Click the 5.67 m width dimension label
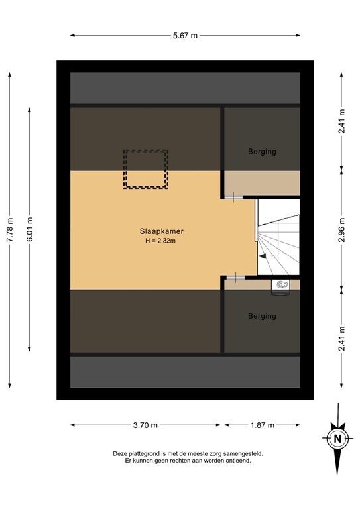185,36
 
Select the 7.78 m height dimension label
10,229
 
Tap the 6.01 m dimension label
30,229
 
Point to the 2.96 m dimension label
341,229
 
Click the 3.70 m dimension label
145,425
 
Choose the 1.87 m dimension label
262,425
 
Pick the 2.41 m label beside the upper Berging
341,121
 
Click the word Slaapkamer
161,231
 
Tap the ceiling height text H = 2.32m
161,241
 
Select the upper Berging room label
262,151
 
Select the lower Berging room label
262,316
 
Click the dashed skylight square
145,170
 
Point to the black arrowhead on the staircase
263,255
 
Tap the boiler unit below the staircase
281,285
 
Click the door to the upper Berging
234,197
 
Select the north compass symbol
337,437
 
